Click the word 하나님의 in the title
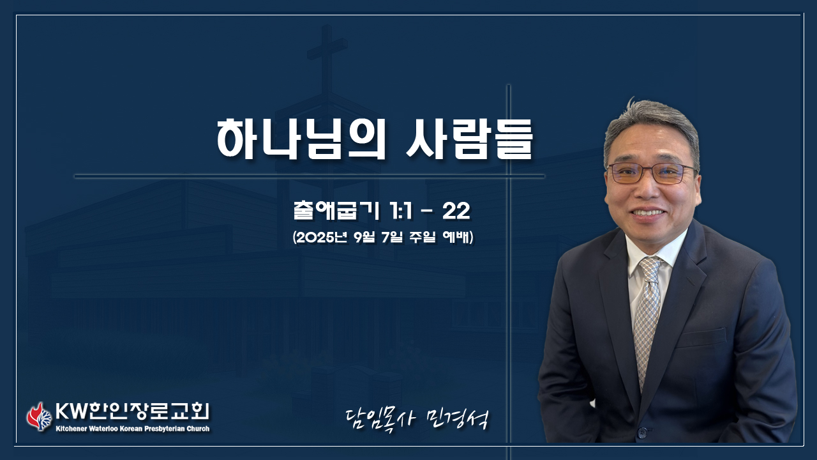point(301,139)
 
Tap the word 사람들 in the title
point(469,139)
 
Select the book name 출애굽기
point(336,211)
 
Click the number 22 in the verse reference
point(456,211)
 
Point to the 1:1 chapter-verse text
point(401,211)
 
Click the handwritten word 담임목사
point(380,420)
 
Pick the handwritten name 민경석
point(458,420)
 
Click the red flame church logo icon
point(39,417)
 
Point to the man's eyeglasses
point(652,173)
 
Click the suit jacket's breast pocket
point(702,338)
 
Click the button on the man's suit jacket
point(642,433)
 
